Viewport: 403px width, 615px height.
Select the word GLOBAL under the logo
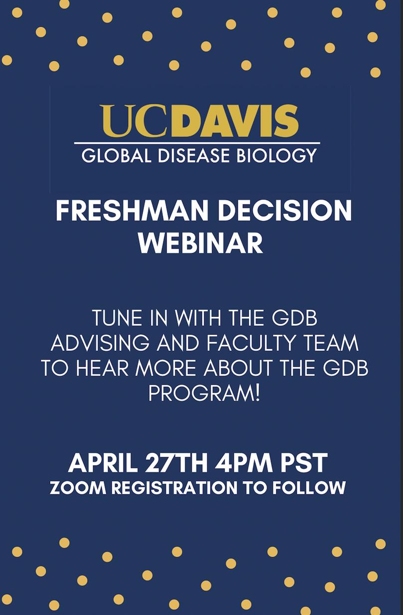pyautogui.click(x=116, y=155)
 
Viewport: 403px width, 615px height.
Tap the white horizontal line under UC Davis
pyautogui.click(x=197, y=143)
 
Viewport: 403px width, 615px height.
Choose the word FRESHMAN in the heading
pyautogui.click(x=132, y=210)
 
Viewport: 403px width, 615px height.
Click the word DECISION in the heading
pyautogui.click(x=285, y=210)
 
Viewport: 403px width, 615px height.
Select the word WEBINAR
pyautogui.click(x=201, y=243)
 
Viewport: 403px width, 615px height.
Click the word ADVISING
pyautogui.click(x=100, y=343)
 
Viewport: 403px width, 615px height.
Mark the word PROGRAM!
pyautogui.click(x=204, y=393)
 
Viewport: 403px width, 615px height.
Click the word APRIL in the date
pyautogui.click(x=103, y=463)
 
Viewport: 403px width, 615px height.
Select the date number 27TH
pyautogui.click(x=176, y=463)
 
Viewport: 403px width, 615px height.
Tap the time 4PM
pyautogui.click(x=244, y=463)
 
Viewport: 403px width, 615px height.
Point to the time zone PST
pyautogui.click(x=304, y=463)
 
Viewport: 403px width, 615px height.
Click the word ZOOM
pyautogui.click(x=78, y=488)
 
